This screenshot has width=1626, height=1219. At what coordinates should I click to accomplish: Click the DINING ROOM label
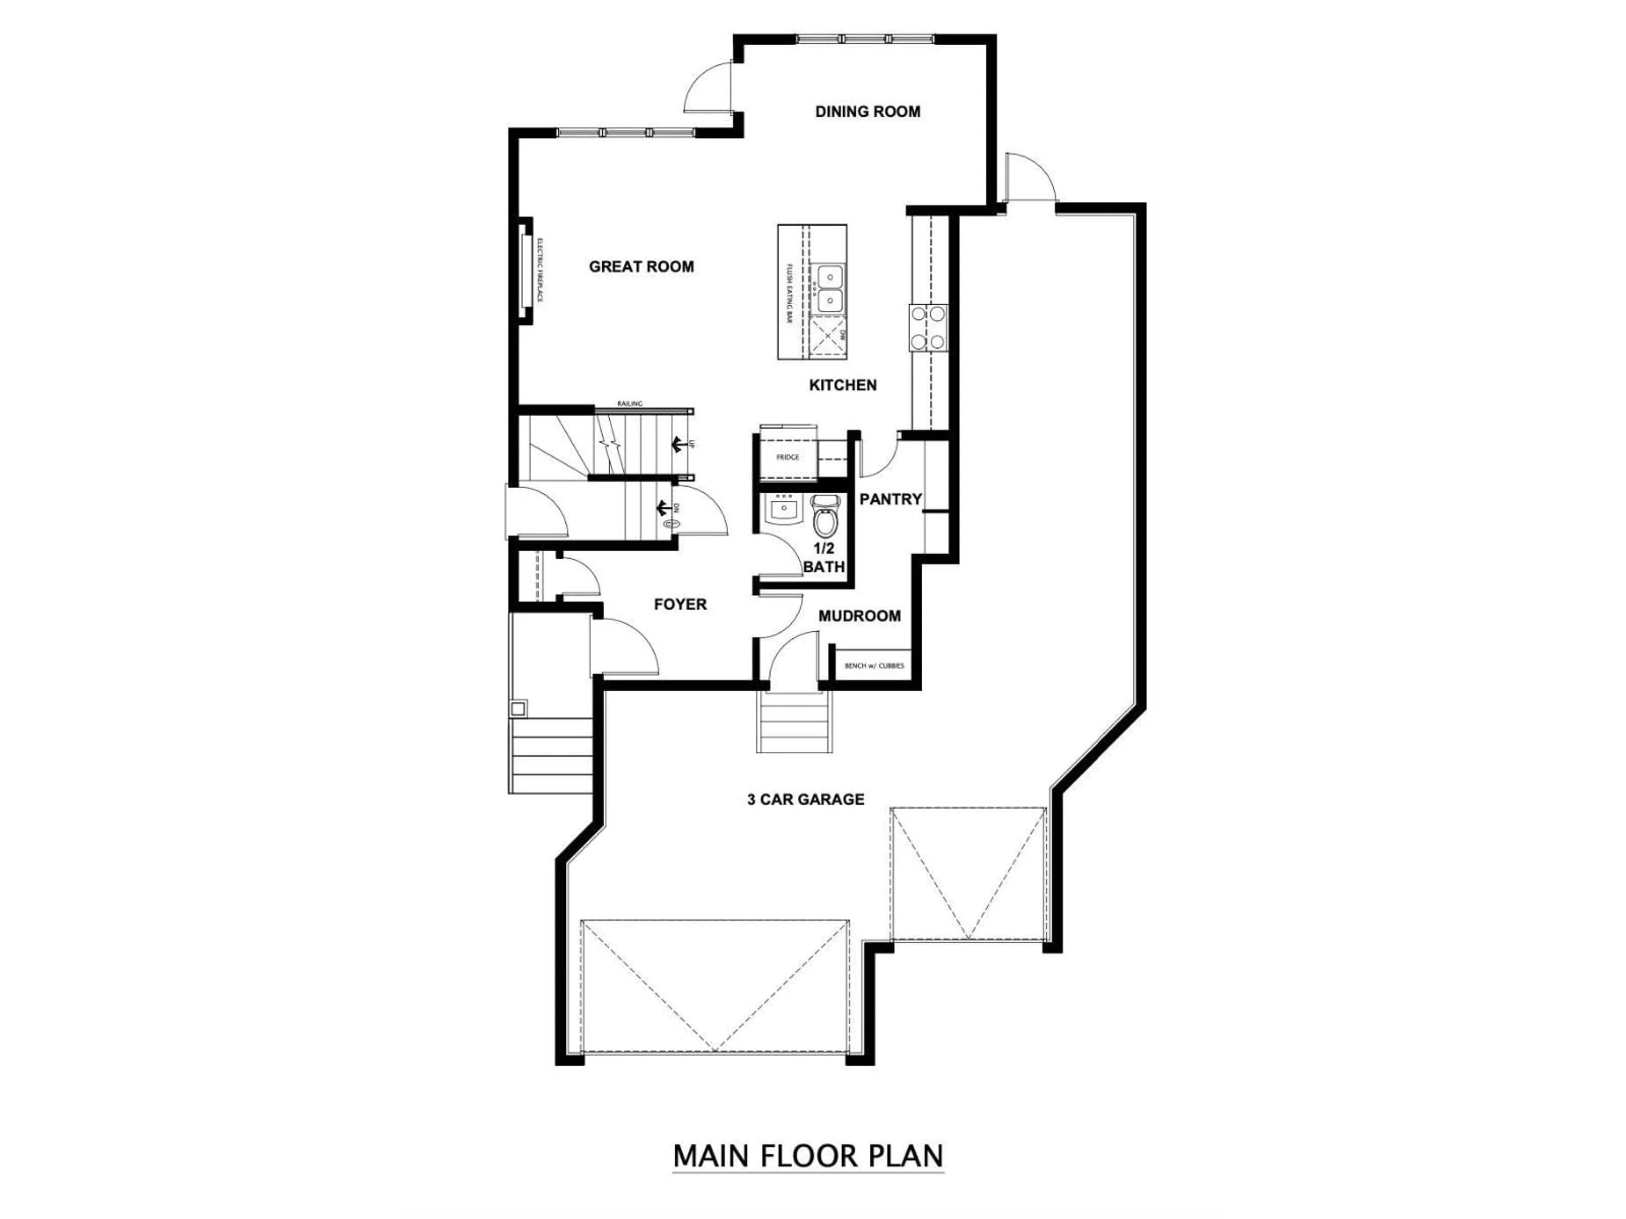point(867,112)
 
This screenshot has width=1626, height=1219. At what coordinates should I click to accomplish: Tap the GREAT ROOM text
point(641,267)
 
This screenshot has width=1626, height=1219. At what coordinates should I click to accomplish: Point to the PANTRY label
point(890,499)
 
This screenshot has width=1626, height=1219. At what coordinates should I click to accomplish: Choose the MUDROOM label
point(859,616)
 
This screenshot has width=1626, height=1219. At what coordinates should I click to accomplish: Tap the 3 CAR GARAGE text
point(806,800)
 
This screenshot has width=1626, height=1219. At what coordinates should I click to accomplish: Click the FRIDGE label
point(787,457)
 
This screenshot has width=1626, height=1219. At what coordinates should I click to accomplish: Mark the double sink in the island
point(829,289)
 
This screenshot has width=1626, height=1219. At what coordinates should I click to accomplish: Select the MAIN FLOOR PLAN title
point(808,1156)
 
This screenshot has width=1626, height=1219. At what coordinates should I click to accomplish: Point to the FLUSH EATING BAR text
point(789,294)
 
